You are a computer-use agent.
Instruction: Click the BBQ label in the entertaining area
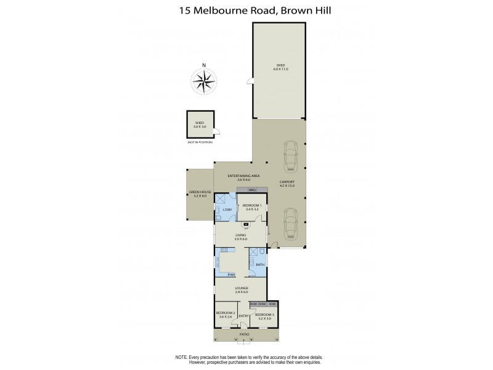pos(251,190)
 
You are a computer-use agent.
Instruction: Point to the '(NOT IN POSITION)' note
pos(200,142)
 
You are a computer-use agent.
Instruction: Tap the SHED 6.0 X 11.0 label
pos(280,67)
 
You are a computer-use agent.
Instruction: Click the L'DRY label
pos(227,210)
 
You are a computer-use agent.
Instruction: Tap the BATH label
pos(259,265)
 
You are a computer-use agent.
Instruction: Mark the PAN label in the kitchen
pos(231,274)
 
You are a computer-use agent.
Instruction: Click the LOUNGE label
pos(240,287)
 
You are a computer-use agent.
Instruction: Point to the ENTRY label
pos(243,316)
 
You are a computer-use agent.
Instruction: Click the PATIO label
pos(245,334)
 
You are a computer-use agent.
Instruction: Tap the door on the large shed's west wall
pos(250,81)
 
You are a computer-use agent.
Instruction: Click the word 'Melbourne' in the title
pos(226,10)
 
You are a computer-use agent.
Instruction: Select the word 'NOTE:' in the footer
pos(182,357)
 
